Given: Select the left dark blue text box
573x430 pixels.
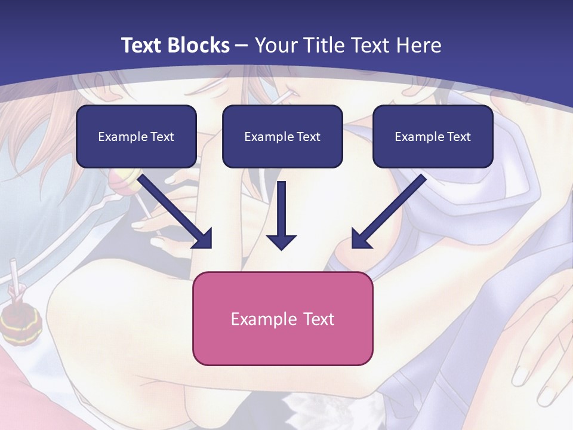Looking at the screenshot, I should coord(136,136).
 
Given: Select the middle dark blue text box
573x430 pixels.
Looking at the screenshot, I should coord(282,136).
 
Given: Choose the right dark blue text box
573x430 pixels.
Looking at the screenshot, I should coord(433,136).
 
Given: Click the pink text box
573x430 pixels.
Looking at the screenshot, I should coord(282,318).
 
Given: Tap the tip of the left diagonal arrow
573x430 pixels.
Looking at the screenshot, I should coord(210,247).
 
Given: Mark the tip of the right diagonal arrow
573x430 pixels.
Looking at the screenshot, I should coord(353,247).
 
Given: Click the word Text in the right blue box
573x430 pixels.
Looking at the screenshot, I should coord(458,137).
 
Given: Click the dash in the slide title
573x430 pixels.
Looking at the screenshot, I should coord(242,45).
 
